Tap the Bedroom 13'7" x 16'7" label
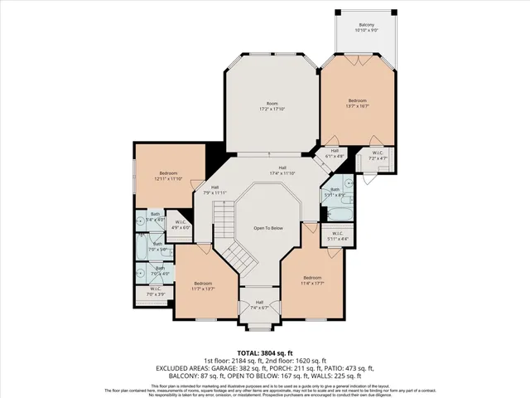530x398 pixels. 356,103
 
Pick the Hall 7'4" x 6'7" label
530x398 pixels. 259,304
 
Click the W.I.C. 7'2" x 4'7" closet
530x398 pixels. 377,156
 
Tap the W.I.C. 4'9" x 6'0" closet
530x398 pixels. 181,224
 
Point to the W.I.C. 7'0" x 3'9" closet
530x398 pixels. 155,292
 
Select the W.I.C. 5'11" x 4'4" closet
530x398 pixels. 335,236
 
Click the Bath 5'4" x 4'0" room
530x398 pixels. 155,217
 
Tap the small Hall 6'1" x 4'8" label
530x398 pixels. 335,153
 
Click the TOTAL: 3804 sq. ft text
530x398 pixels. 265,351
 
